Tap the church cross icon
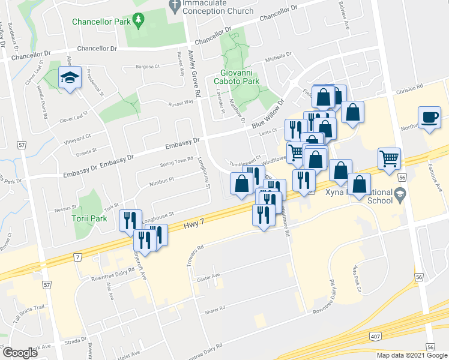174,7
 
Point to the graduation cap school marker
70,78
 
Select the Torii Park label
88,218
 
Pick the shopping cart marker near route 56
389,158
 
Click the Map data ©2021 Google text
412,355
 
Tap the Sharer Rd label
214,308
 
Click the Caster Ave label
209,275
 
